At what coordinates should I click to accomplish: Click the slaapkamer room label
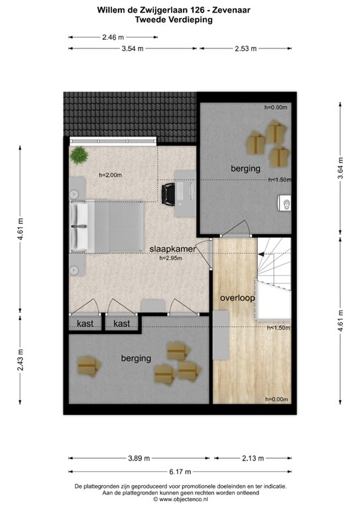tap(171, 249)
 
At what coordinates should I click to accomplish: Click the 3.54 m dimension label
tap(133, 48)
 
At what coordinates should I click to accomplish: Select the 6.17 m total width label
tap(180, 471)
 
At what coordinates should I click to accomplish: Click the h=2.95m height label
tap(171, 258)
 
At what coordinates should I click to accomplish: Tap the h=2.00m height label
tap(111, 175)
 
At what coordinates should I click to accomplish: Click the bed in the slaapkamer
tap(107, 227)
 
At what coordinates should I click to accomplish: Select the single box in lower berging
tap(88, 365)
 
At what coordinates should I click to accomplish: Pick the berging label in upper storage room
tap(245, 169)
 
